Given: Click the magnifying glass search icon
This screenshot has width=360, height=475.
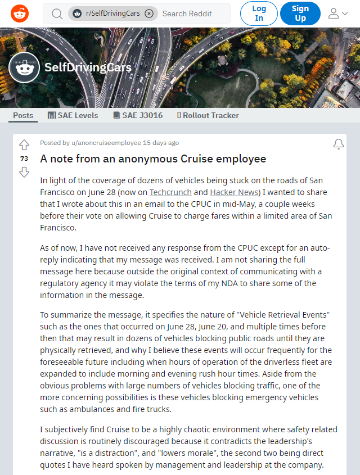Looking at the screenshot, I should pyautogui.click(x=57, y=13).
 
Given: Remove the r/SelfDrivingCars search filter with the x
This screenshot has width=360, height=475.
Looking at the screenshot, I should pyautogui.click(x=148, y=13).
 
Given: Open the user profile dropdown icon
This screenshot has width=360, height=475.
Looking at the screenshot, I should pyautogui.click(x=337, y=13).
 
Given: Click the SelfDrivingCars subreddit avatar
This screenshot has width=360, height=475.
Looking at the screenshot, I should pyautogui.click(x=24, y=69).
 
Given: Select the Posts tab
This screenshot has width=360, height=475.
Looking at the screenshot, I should pyautogui.click(x=23, y=115).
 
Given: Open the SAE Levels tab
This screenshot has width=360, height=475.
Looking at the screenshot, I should pyautogui.click(x=73, y=115).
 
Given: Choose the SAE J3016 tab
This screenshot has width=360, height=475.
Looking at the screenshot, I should pyautogui.click(x=138, y=115).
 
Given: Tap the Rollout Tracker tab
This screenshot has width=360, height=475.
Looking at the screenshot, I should pyautogui.click(x=208, y=115).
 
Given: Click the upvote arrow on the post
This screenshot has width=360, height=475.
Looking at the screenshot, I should pyautogui.click(x=24, y=145).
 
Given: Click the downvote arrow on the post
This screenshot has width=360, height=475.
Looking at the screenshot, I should pyautogui.click(x=24, y=172).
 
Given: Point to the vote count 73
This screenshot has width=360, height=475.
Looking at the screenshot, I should pyautogui.click(x=24, y=159).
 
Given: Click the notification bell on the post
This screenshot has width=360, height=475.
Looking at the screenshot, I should pyautogui.click(x=338, y=144).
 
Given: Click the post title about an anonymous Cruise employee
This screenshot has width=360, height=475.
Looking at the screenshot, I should pyautogui.click(x=153, y=159).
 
